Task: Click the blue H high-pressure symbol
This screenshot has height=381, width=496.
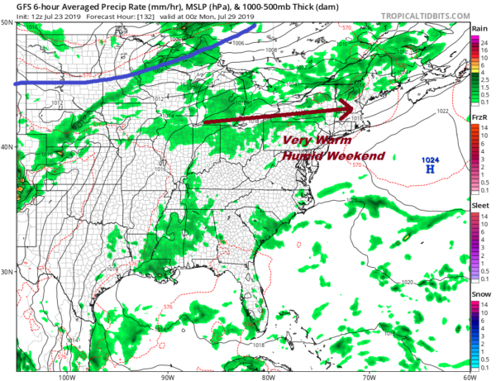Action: pyautogui.click(x=430, y=169)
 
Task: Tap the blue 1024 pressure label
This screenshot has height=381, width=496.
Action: pyautogui.click(x=430, y=160)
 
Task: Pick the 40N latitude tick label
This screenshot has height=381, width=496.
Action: pyautogui.click(x=7, y=147)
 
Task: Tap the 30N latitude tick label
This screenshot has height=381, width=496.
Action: pyautogui.click(x=7, y=272)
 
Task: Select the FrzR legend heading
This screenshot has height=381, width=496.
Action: pyautogui.click(x=479, y=118)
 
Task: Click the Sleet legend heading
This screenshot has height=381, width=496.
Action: pyautogui.click(x=479, y=208)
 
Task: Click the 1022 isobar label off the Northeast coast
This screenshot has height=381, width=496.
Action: pyautogui.click(x=442, y=111)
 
